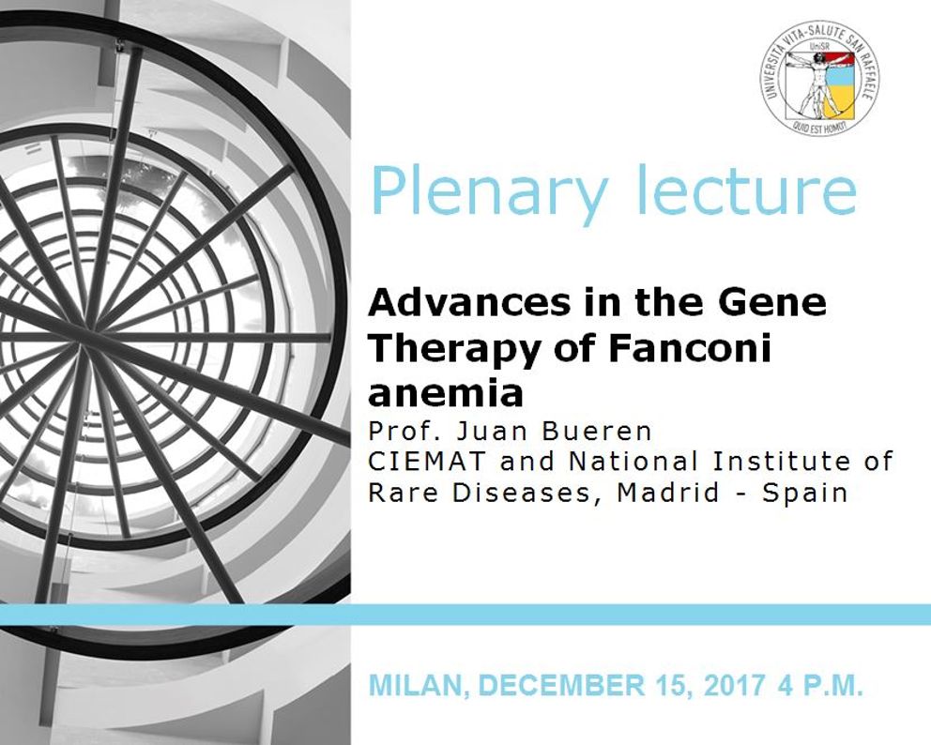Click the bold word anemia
point(445,393)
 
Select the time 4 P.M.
point(819,685)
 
